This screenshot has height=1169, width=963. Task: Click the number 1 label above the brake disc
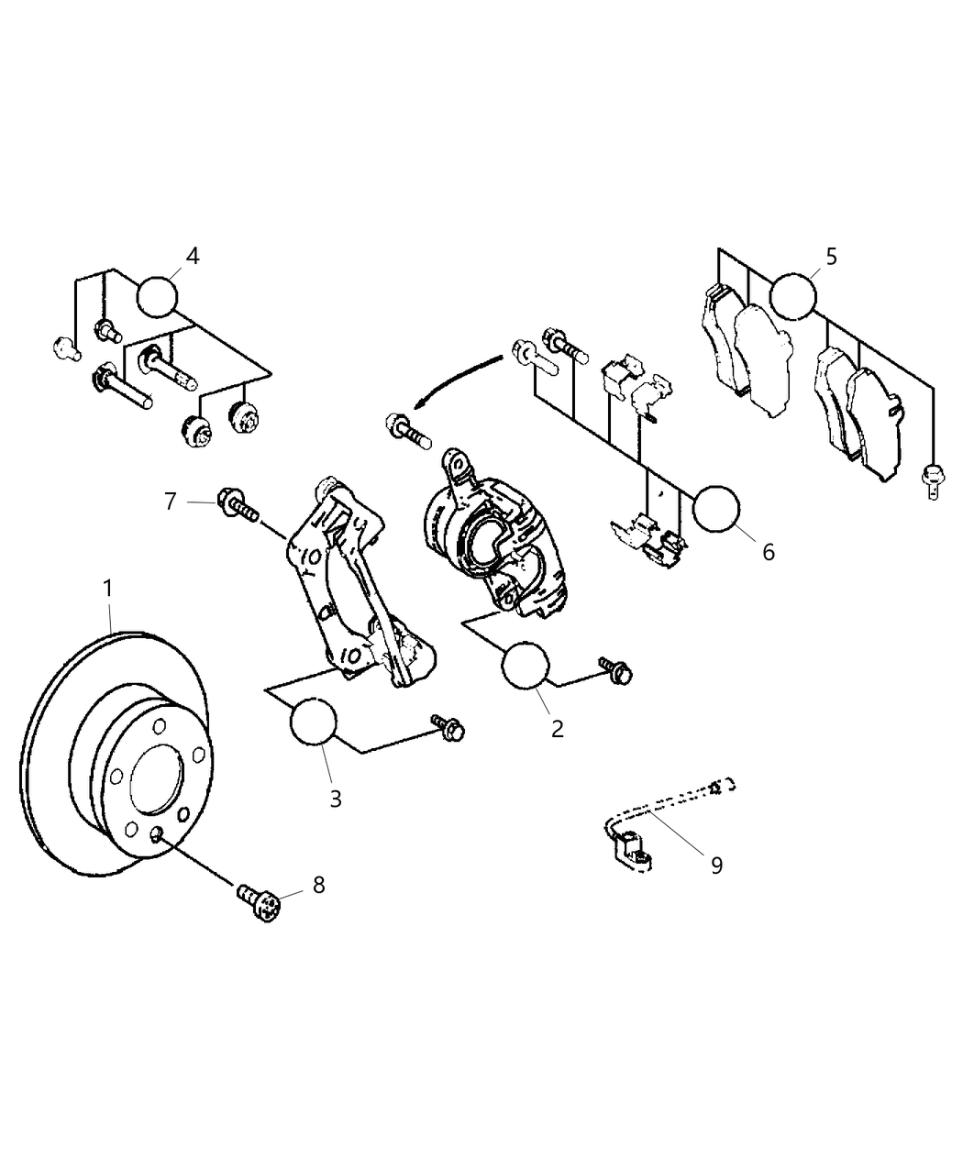point(107,589)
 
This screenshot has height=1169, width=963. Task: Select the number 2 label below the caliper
point(557,729)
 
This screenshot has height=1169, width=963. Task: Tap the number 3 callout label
point(336,798)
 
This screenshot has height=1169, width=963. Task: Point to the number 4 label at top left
point(192,256)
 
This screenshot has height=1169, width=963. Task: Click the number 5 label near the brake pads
point(831,256)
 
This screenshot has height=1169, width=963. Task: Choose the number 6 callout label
point(768,551)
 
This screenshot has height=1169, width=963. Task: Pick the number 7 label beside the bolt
point(170,502)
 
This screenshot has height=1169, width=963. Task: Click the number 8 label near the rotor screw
point(318,885)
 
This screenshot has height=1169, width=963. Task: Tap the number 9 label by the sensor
point(716,864)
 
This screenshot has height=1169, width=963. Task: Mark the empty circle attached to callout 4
point(158,296)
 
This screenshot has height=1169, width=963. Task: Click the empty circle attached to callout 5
point(792,295)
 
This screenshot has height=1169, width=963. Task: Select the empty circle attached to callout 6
point(715,509)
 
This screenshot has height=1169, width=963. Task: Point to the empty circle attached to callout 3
point(313,722)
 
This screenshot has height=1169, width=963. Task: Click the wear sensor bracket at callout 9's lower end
point(632,848)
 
